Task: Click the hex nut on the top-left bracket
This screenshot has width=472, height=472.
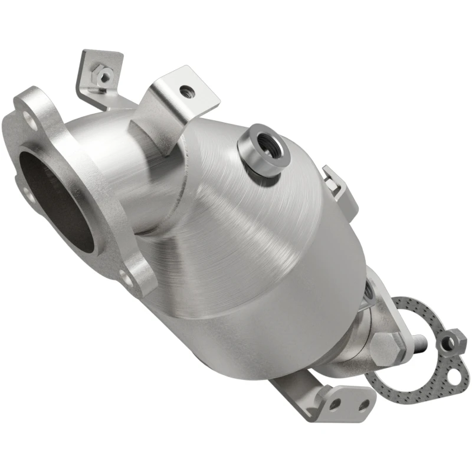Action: pos(104,75)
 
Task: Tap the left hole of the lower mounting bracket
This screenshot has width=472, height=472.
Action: pos(335,405)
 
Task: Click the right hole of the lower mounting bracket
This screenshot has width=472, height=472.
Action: pos(364,404)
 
